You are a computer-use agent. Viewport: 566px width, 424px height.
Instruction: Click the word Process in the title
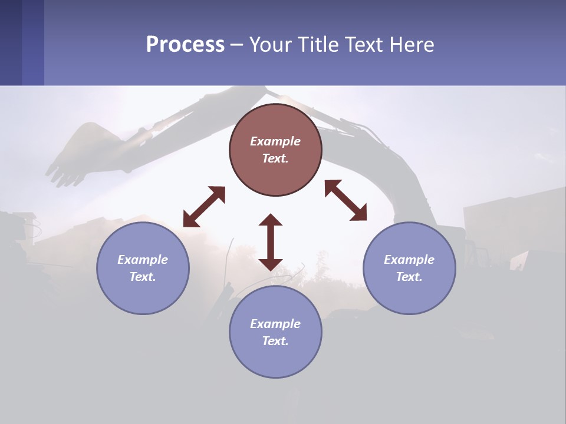pos(185,45)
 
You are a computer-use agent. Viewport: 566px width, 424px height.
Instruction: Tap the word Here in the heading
pos(410,45)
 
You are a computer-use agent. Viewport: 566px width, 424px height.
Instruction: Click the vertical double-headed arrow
pos(271,242)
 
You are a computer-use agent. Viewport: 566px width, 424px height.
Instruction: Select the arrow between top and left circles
pos(204,207)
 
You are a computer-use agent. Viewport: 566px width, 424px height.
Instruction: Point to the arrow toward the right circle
pos(345,200)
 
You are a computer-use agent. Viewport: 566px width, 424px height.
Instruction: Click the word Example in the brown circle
pos(275,141)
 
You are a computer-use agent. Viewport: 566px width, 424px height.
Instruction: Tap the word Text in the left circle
pos(143,277)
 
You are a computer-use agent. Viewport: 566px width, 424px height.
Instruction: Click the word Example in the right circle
pos(409,260)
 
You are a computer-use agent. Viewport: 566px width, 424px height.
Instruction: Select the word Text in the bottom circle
pos(275,341)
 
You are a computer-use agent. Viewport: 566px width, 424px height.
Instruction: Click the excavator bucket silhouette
pos(83,153)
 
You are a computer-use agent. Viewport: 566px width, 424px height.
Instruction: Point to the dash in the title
pos(236,45)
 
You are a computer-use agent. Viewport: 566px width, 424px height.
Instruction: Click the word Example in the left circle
pos(143,260)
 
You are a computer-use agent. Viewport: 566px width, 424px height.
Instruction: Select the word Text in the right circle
pos(409,277)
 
